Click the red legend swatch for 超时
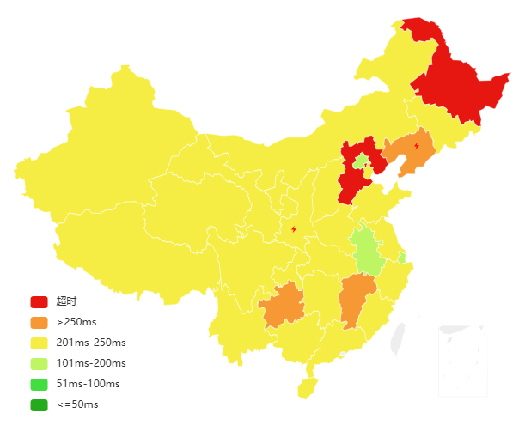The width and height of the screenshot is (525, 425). pyautogui.click(x=39, y=301)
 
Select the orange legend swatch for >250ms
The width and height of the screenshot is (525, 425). pyautogui.click(x=39, y=322)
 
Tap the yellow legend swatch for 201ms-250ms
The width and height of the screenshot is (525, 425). pyautogui.click(x=39, y=343)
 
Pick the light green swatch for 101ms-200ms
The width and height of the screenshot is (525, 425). pyautogui.click(x=39, y=363)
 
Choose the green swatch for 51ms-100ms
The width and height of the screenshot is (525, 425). pyautogui.click(x=39, y=384)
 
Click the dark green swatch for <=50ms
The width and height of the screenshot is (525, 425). pyautogui.click(x=39, y=404)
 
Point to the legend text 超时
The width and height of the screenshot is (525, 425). pyautogui.click(x=66, y=301)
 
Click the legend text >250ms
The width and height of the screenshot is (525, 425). pyautogui.click(x=76, y=322)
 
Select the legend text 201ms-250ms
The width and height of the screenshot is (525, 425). pyautogui.click(x=91, y=343)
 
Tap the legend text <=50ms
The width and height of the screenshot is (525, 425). pyautogui.click(x=77, y=404)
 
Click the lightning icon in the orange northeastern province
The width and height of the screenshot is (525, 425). pyautogui.click(x=416, y=146)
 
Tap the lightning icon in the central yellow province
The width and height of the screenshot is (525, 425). pyautogui.click(x=294, y=229)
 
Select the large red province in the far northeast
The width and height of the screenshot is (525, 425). pyautogui.click(x=455, y=86)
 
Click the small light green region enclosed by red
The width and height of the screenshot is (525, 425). pyautogui.click(x=362, y=162)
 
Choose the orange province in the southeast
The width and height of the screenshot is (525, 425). pyautogui.click(x=356, y=299)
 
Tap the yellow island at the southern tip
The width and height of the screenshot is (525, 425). pyautogui.click(x=308, y=388)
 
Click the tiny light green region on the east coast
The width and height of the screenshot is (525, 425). pyautogui.click(x=402, y=257)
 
